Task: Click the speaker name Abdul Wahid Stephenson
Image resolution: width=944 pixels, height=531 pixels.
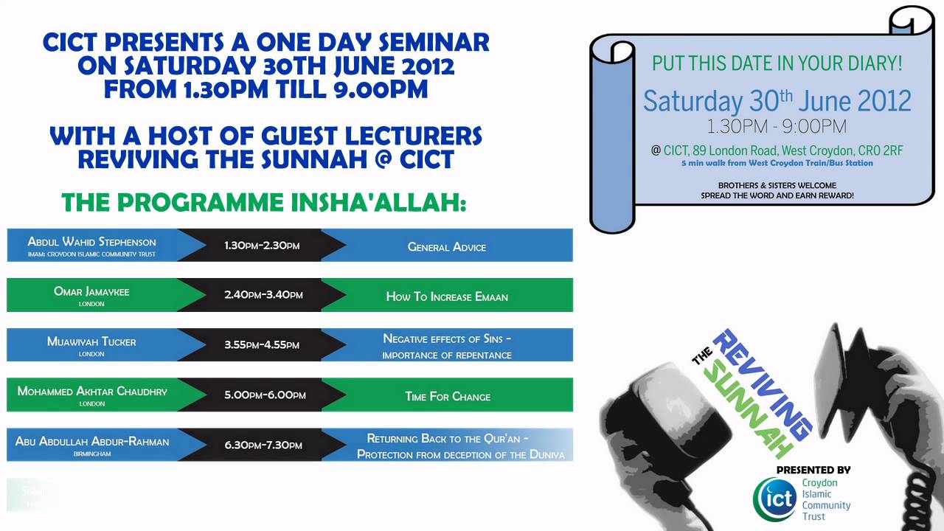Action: (91, 241)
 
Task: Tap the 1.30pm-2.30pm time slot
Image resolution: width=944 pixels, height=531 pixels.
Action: (262, 246)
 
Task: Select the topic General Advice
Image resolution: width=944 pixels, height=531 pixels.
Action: (447, 246)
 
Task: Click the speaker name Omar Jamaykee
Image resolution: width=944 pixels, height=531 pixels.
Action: (91, 291)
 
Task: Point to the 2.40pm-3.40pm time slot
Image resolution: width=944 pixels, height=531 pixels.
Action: (263, 295)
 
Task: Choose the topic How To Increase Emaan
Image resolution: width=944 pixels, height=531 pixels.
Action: (447, 296)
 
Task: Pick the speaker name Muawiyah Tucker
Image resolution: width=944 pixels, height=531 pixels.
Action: (91, 341)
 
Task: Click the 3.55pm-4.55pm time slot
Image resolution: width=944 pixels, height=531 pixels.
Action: (262, 344)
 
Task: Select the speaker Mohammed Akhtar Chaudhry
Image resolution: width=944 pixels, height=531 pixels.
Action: (92, 391)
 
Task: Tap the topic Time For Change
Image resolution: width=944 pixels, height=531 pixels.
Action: (448, 396)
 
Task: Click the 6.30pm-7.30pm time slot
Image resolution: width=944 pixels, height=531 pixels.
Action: (263, 445)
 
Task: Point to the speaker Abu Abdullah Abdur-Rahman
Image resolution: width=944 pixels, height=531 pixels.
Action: (92, 441)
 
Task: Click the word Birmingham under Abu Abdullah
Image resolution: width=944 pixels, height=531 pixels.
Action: (92, 454)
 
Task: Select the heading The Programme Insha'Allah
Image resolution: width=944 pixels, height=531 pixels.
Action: (263, 201)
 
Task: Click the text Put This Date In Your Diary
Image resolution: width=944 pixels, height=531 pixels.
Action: (777, 63)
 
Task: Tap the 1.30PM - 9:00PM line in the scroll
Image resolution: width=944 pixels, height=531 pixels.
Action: (777, 126)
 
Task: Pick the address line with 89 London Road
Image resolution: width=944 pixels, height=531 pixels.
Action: (782, 150)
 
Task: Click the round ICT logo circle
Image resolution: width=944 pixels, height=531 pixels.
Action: (774, 499)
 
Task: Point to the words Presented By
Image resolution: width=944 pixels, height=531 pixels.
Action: (813, 469)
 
